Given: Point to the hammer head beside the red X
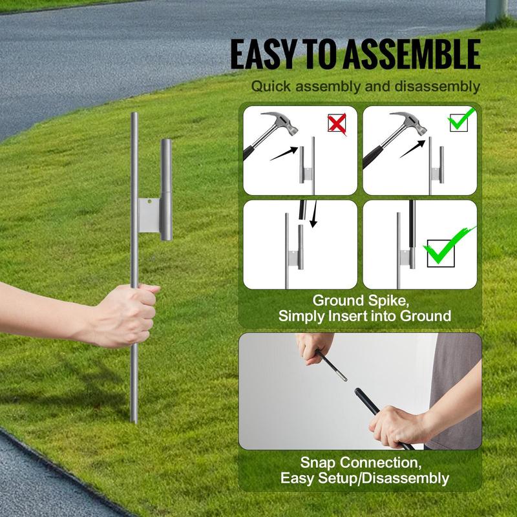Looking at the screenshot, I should pyautogui.click(x=282, y=126).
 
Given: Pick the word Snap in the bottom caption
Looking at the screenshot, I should pyautogui.click(x=319, y=463).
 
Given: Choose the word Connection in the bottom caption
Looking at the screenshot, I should pyautogui.click(x=381, y=463).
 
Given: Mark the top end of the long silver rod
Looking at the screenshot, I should pyautogui.click(x=134, y=116).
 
